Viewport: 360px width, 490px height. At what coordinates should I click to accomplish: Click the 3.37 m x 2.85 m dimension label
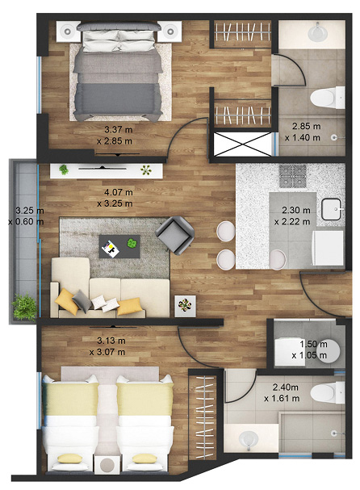(x=115, y=135)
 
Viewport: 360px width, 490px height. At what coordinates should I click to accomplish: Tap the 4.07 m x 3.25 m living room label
(x=115, y=198)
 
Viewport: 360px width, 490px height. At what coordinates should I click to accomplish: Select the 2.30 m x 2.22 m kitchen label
(x=292, y=216)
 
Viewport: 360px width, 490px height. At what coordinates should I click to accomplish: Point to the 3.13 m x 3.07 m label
(x=107, y=346)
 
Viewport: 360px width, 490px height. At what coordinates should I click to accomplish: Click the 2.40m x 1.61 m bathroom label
(x=282, y=393)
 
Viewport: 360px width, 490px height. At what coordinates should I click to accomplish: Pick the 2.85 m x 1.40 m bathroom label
(x=303, y=132)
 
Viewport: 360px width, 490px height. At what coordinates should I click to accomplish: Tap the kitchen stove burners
(x=293, y=176)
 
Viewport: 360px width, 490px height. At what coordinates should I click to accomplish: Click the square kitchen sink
(x=332, y=209)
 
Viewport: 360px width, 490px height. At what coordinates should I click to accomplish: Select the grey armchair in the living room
(x=175, y=235)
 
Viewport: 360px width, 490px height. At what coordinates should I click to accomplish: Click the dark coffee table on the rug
(x=119, y=246)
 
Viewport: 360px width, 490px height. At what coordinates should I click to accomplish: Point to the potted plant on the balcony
(x=24, y=308)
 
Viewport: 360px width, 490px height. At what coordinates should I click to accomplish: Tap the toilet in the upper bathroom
(x=327, y=98)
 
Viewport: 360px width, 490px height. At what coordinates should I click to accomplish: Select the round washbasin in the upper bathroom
(x=317, y=31)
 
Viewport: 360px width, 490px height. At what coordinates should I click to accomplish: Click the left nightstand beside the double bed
(x=66, y=31)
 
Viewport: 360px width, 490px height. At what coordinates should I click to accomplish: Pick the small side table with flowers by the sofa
(x=186, y=306)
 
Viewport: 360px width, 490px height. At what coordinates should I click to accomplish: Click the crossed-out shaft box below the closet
(x=242, y=144)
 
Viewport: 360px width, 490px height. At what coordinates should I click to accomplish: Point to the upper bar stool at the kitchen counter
(x=226, y=231)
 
